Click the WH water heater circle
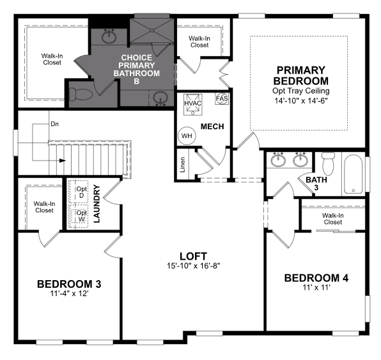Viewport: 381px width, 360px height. (x=187, y=136)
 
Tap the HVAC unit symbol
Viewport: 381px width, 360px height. (x=192, y=104)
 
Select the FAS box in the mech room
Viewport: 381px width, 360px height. (x=222, y=98)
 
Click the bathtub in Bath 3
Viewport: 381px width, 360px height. (x=354, y=174)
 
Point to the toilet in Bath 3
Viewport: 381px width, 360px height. (x=328, y=163)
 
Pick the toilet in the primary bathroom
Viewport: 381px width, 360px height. (x=81, y=94)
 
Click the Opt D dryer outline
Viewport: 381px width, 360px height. (x=78, y=192)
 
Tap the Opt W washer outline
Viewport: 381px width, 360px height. (x=78, y=216)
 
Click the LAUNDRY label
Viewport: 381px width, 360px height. (x=97, y=204)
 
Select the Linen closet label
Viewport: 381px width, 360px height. (x=182, y=164)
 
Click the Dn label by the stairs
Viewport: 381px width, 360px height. (x=55, y=124)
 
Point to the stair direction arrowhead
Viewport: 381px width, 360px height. (x=63, y=160)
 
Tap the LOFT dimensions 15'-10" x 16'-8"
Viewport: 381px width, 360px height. (x=194, y=266)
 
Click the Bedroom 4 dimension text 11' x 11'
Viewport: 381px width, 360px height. (x=316, y=288)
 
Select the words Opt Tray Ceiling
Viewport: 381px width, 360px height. (x=301, y=91)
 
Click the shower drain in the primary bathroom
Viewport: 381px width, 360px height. (x=152, y=31)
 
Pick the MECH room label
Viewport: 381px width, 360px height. (x=212, y=127)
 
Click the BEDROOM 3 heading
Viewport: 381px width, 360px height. (x=69, y=284)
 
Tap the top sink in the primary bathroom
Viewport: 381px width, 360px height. (x=109, y=36)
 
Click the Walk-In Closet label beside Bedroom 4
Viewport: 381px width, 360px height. (x=333, y=219)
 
